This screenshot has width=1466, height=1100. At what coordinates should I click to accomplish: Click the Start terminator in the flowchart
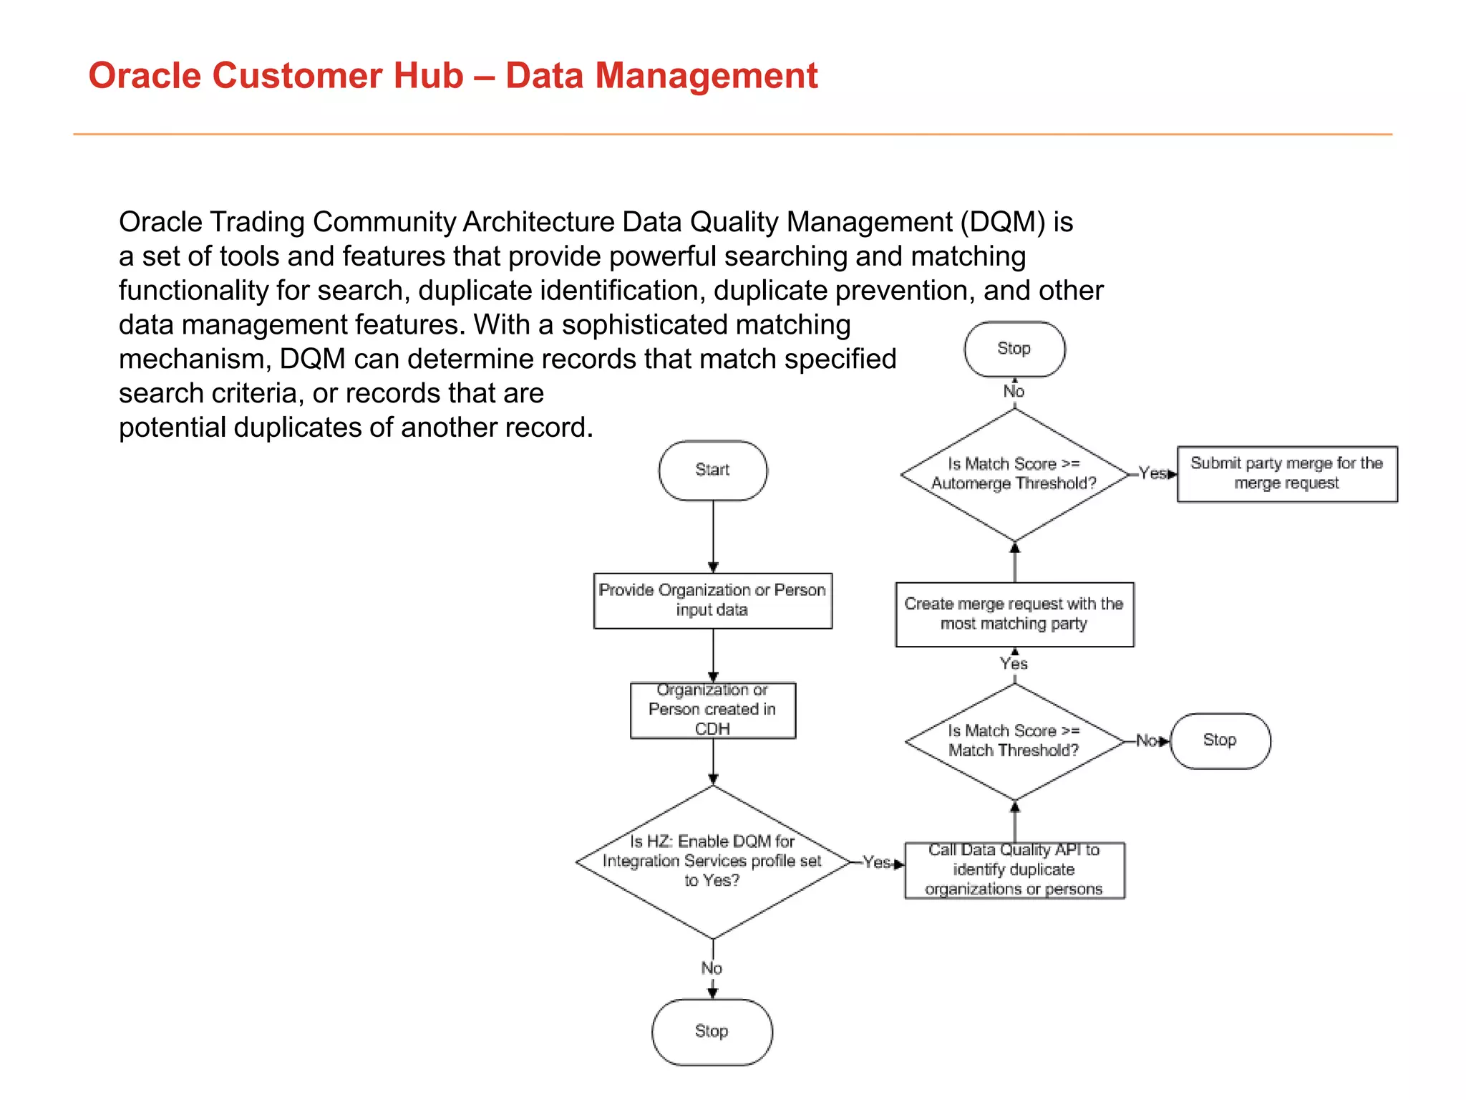[712, 470]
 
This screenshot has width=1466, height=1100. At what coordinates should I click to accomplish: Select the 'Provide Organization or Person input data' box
[712, 600]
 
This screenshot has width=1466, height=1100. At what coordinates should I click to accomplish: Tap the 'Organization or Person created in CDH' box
[712, 710]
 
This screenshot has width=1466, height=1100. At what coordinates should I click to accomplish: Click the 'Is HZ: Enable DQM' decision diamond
[712, 862]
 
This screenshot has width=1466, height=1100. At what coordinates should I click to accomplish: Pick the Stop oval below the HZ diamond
[712, 1031]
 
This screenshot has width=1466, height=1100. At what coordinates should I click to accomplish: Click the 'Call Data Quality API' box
[1014, 870]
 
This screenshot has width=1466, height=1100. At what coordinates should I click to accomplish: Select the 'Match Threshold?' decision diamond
[1014, 741]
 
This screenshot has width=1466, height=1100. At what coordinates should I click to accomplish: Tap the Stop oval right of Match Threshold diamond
[1220, 740]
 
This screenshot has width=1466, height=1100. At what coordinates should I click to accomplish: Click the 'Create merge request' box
[1014, 614]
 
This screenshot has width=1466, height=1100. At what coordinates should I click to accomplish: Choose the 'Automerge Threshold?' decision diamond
[1014, 474]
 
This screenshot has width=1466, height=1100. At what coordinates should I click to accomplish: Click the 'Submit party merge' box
[1286, 473]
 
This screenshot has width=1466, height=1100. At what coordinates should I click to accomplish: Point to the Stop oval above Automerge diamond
[1014, 349]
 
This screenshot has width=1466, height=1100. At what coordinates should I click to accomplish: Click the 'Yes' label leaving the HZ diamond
[876, 862]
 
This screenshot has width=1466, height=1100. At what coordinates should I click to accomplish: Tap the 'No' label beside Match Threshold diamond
[1147, 740]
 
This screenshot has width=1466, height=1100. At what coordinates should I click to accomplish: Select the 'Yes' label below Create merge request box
[1014, 664]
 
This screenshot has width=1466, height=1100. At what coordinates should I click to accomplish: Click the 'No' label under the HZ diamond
[712, 968]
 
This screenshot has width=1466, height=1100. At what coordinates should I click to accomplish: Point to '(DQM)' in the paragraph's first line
[1002, 223]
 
